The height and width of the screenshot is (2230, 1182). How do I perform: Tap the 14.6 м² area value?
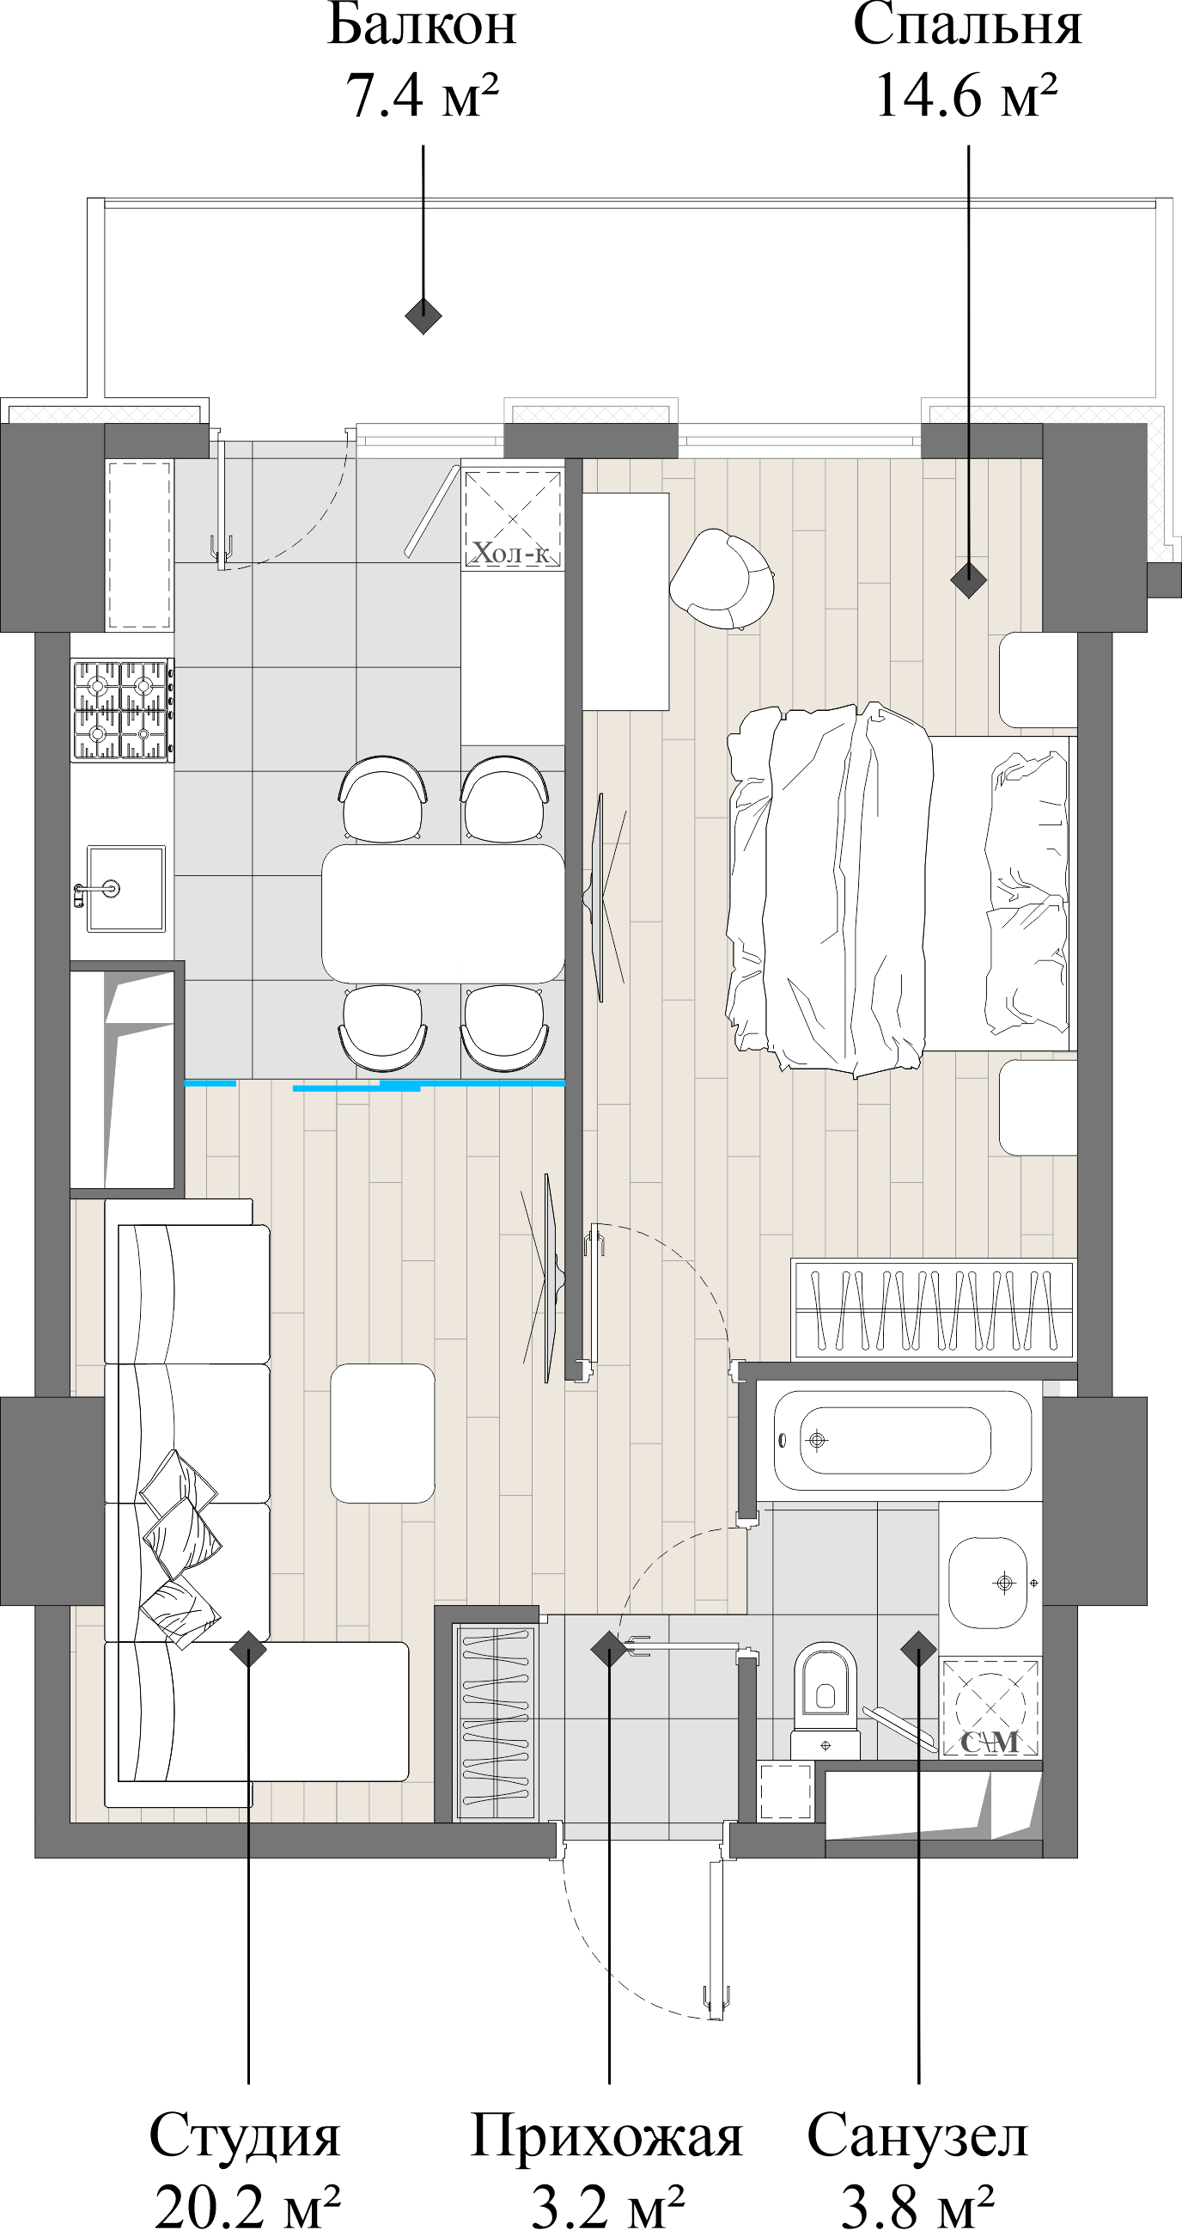coord(966,95)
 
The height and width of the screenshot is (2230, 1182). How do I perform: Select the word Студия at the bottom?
coord(245,2135)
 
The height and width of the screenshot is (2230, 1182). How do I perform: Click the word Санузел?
coord(917,2135)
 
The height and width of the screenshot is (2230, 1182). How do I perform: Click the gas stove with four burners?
coord(121,710)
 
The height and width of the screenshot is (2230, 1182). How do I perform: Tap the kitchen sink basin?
coord(125,888)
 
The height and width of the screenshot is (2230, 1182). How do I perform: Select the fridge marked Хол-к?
coord(512,517)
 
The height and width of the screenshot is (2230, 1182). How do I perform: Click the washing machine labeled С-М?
coord(990,1706)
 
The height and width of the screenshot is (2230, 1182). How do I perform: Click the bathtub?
coord(900,1441)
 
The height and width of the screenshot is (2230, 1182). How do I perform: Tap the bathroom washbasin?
coord(990,1584)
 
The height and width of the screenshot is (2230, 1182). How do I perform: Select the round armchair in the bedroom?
coord(722,579)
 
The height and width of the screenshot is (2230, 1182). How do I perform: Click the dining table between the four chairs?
coord(443,913)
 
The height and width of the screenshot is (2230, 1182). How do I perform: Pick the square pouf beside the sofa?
coord(381,1433)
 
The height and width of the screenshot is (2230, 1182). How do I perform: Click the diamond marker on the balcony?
coord(423,316)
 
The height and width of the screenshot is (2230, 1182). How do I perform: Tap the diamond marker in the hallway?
coord(608,1649)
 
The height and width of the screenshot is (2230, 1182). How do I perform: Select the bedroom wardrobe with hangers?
coord(934,1310)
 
